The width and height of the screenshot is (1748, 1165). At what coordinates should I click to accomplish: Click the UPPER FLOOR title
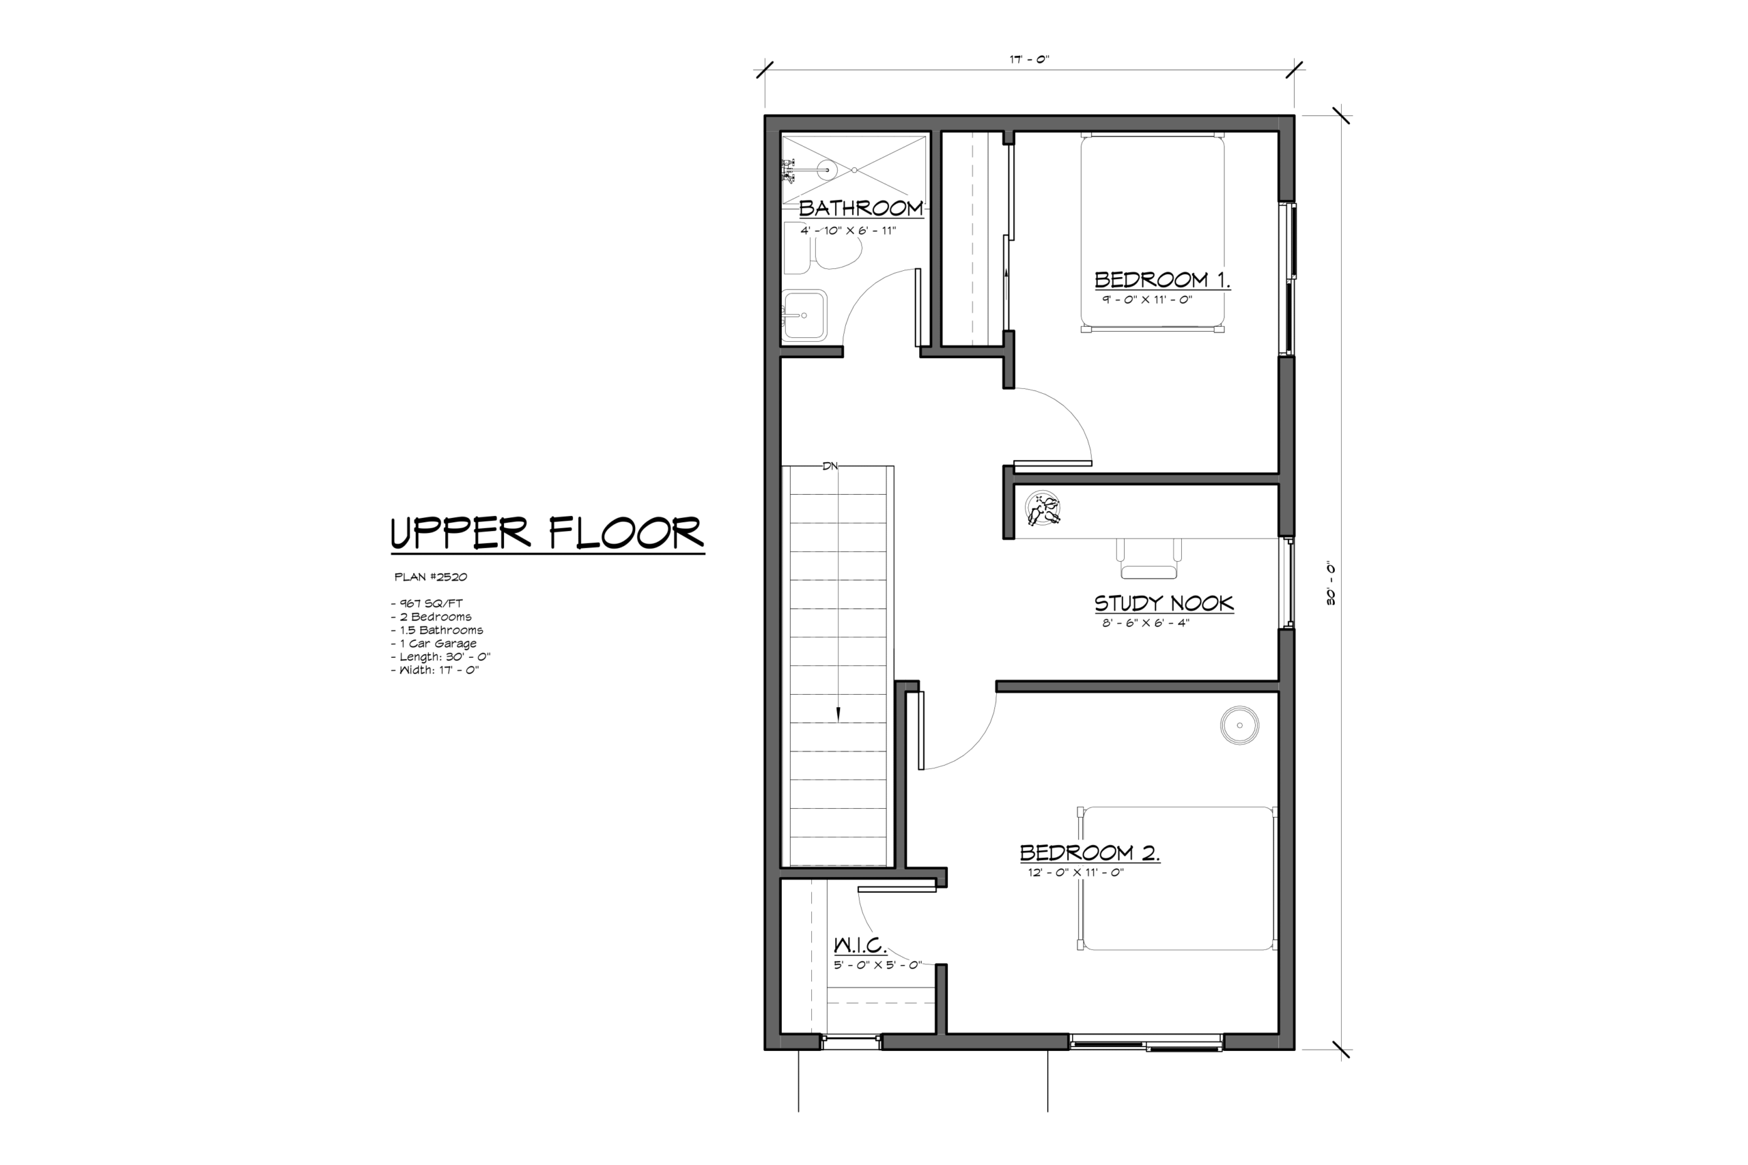click(547, 533)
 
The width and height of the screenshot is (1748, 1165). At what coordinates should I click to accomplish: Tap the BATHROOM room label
click(860, 208)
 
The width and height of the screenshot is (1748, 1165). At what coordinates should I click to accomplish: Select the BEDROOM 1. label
click(1162, 279)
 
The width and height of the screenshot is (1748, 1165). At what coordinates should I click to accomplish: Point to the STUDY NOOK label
click(1164, 603)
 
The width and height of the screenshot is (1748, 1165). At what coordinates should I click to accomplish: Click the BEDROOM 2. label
click(1090, 852)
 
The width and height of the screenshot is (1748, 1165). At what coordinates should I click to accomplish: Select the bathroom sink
click(804, 315)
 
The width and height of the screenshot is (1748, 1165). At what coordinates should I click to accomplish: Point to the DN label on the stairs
click(830, 466)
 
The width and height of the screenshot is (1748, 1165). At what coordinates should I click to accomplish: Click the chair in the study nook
click(1148, 559)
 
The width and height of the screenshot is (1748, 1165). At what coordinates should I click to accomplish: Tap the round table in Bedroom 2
click(1240, 725)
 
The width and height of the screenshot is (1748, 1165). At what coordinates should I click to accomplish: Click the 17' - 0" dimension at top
click(1029, 59)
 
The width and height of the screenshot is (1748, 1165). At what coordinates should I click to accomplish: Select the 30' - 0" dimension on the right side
click(1330, 584)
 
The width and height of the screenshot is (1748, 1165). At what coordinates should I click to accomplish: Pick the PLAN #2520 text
click(430, 577)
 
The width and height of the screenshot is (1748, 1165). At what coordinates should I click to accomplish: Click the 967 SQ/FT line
click(427, 603)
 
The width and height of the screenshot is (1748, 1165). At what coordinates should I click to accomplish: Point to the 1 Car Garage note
click(434, 644)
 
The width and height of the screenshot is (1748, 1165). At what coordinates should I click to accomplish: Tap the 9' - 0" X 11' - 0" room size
click(1146, 300)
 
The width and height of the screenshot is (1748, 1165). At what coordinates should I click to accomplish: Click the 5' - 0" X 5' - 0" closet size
click(877, 965)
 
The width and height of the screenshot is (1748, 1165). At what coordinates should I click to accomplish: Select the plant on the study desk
click(1042, 510)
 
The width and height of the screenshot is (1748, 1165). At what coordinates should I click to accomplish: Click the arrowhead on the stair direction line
click(838, 714)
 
